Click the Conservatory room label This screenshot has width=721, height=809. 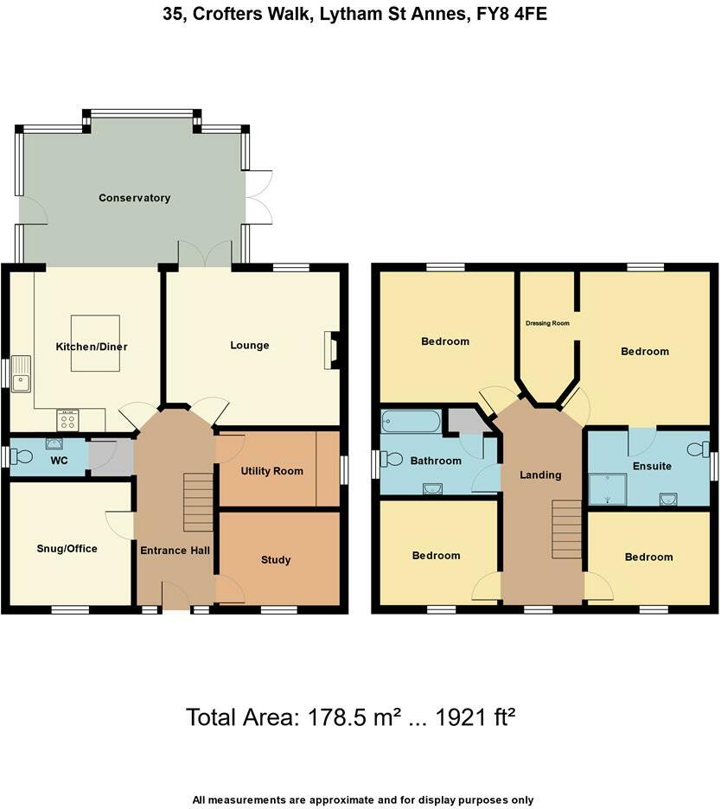point(134,198)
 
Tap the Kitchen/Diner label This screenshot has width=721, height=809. point(92,347)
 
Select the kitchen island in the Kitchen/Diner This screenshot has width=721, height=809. point(95,342)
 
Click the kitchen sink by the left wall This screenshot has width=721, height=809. point(21,373)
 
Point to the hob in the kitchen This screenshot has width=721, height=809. point(67,420)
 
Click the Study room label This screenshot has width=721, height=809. point(276,559)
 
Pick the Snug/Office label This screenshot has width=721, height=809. point(67,549)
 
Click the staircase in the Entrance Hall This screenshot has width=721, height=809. point(198,502)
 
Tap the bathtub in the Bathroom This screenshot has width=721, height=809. point(411,421)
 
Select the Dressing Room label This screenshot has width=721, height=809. point(547,323)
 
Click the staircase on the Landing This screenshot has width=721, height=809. point(567,529)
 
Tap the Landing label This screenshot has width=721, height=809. point(540,475)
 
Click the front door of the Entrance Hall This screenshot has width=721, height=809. point(175,598)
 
